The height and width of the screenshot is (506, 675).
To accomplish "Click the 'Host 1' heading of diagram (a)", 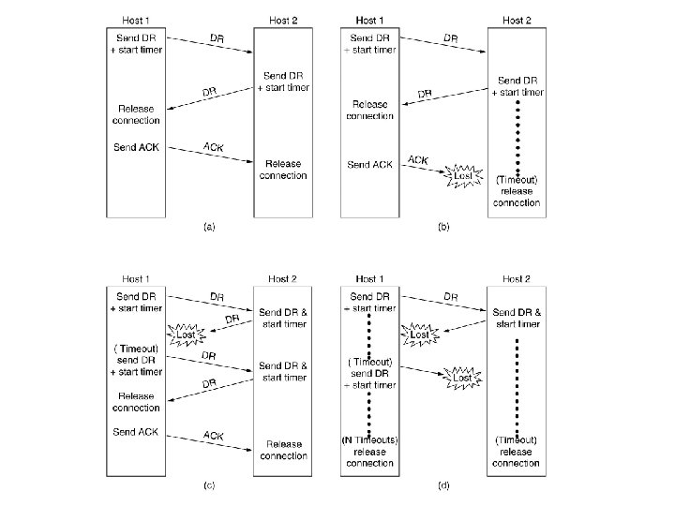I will point(137,20).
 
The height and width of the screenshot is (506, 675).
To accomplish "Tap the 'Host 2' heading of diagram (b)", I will point(516,20).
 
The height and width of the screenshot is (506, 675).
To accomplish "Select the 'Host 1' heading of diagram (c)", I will point(137,279).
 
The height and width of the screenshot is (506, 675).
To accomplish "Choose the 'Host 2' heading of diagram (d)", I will point(516,279).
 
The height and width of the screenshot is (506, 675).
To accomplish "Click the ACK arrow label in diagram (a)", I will point(213,146).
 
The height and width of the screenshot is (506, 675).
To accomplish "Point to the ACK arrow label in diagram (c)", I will point(213,436).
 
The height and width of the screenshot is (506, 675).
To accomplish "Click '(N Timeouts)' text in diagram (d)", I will point(371,440).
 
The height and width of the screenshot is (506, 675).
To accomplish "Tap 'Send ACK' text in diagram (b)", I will point(370,165).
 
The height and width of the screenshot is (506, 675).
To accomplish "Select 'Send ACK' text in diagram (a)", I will point(136,146).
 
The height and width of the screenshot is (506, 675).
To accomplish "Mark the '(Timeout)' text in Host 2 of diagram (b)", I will point(515,178).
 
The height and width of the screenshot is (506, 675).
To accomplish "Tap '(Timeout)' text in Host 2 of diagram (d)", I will point(515,440).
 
